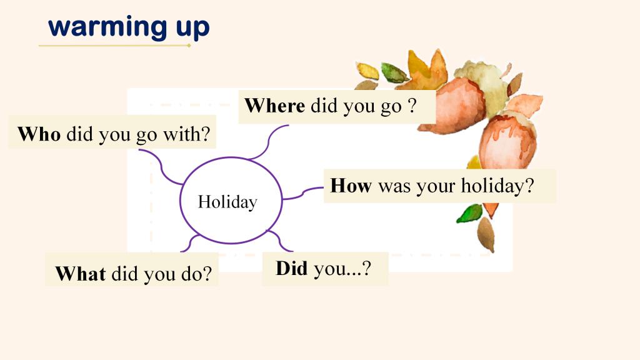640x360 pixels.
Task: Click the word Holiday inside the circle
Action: (x=227, y=202)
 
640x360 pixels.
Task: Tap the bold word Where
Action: (x=274, y=105)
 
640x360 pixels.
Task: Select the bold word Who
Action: (x=39, y=134)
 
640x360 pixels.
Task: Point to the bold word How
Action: (x=351, y=185)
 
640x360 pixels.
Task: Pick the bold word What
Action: (x=81, y=274)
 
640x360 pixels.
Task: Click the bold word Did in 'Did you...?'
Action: (x=291, y=268)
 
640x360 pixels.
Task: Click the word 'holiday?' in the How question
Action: (x=497, y=186)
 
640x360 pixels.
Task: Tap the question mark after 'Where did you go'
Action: (x=412, y=105)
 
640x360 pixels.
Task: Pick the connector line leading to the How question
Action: (x=303, y=193)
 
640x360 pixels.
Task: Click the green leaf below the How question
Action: (x=470, y=214)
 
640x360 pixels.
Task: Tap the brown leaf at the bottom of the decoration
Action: (x=486, y=235)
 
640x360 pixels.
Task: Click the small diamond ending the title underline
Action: (x=189, y=45)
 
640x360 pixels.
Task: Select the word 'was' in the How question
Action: (x=394, y=186)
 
